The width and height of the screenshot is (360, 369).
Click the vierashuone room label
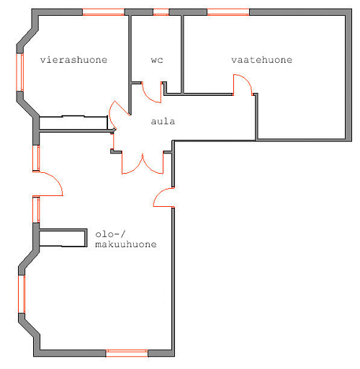tap(73, 60)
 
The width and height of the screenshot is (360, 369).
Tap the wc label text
tap(157, 60)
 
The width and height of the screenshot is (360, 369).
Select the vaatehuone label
tap(262, 60)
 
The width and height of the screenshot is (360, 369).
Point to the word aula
tap(163, 121)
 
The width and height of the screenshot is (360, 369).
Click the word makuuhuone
tap(126, 244)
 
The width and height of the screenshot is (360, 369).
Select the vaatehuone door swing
tap(246, 81)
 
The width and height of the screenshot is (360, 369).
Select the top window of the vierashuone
tap(104, 12)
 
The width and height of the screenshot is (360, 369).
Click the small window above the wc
tap(161, 12)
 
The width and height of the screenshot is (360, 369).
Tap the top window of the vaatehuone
tap(228, 12)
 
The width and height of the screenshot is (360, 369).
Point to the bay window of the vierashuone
tap(20, 72)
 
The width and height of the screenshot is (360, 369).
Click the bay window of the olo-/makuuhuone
tap(22, 294)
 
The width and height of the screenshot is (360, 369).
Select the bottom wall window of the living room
tap(127, 353)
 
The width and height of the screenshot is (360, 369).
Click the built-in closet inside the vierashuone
tap(73, 123)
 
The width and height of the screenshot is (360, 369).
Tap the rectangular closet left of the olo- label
tap(63, 238)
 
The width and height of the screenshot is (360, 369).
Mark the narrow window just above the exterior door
tap(36, 158)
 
